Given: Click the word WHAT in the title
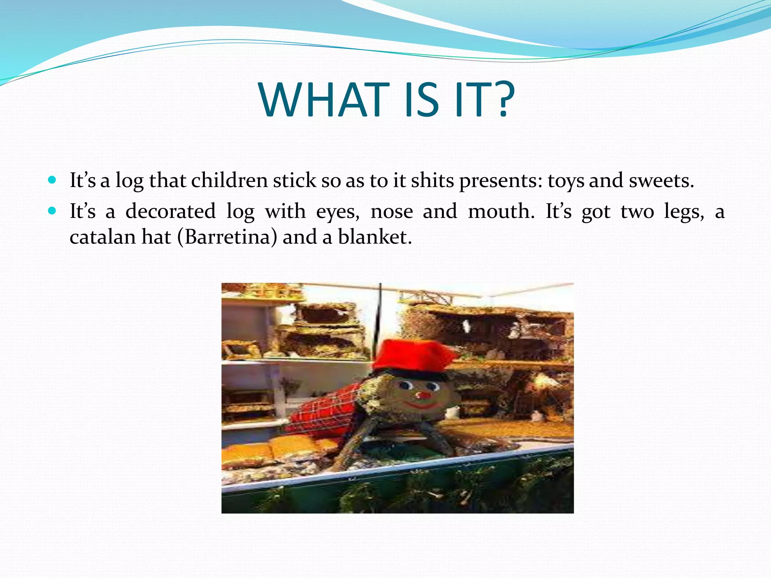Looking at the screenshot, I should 324,100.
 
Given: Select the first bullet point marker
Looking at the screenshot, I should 52,180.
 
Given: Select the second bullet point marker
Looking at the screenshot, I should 52,211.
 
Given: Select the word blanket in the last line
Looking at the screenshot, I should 372,237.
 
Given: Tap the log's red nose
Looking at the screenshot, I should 423,395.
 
